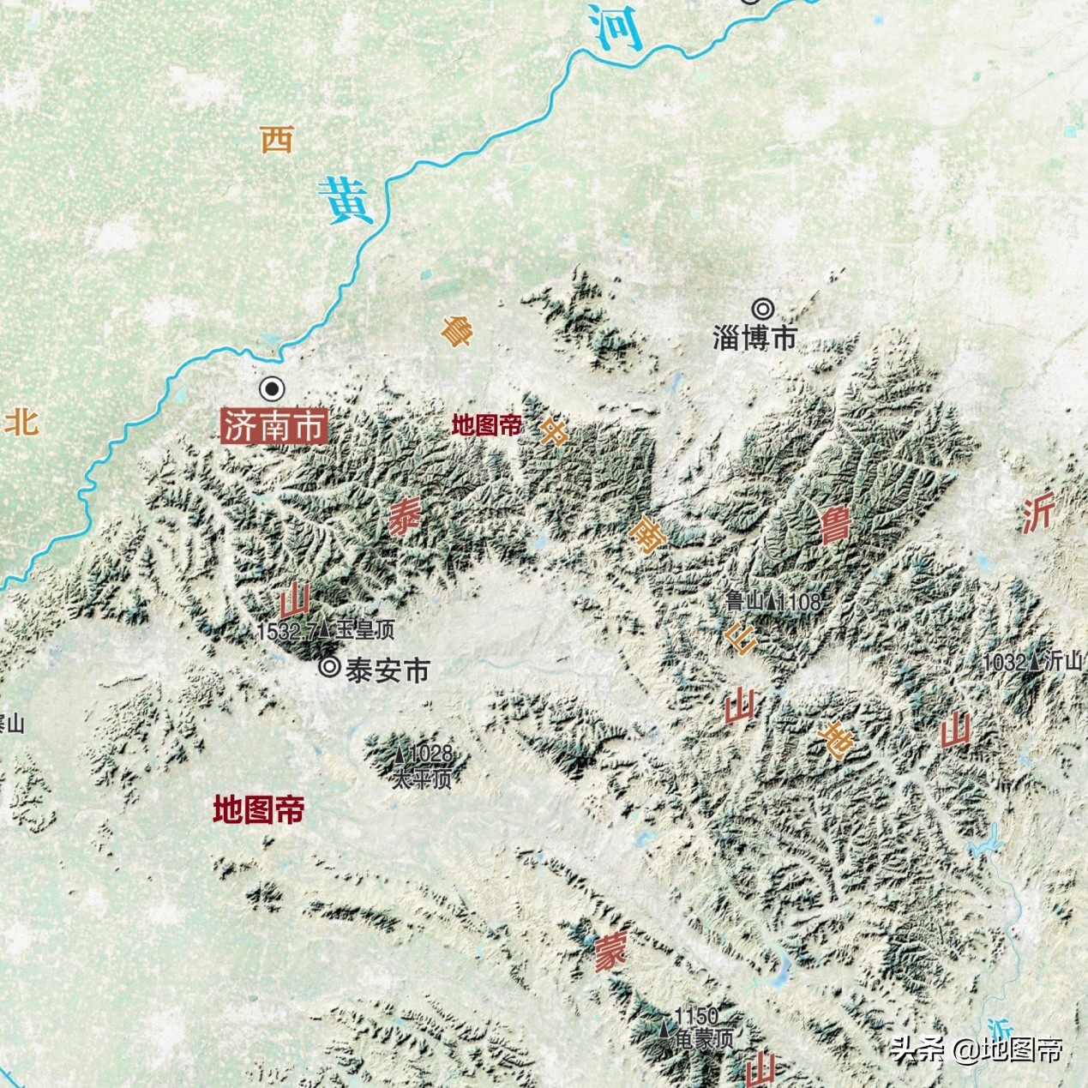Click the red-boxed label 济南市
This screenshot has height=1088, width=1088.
(274, 426)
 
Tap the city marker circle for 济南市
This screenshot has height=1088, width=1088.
(273, 389)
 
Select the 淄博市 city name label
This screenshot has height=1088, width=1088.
(754, 338)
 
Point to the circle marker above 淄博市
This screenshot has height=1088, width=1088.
(762, 309)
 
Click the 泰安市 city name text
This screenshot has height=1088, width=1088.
(387, 670)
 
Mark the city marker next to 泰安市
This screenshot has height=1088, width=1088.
(329, 667)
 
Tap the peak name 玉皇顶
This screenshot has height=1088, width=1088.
(365, 631)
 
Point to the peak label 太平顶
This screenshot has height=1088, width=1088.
(421, 779)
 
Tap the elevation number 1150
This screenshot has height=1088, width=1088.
(696, 1017)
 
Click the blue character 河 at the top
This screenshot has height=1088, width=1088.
(616, 27)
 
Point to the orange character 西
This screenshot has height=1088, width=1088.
(277, 139)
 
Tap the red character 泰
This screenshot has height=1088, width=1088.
(404, 517)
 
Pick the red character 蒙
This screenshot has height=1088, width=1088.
(610, 953)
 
